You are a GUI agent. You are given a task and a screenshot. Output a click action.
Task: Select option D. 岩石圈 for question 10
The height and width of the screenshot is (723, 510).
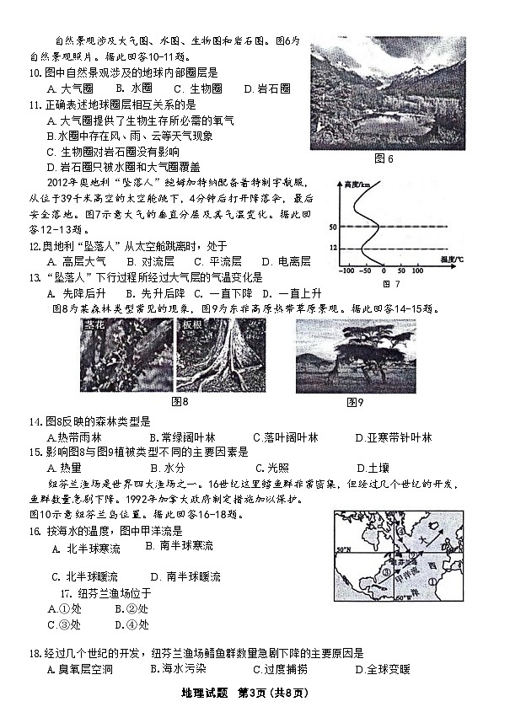pyautogui.click(x=267, y=88)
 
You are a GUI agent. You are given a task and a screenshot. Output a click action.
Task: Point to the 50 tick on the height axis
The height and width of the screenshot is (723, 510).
pyautogui.click(x=334, y=228)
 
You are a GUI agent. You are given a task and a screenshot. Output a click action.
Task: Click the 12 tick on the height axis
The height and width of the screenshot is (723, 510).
pyautogui.click(x=334, y=248)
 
